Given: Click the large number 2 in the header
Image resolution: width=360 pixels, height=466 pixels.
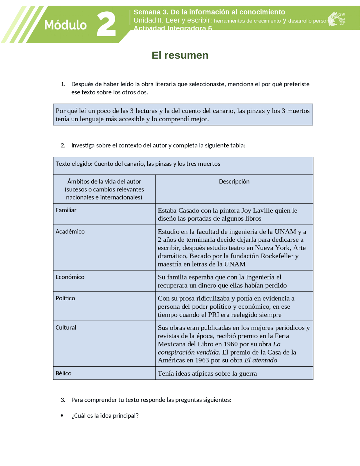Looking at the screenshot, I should click(x=106, y=24).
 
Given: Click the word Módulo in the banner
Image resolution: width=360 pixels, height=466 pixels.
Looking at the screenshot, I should click(x=65, y=25).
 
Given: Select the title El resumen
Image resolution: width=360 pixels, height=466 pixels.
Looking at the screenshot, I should click(x=180, y=55).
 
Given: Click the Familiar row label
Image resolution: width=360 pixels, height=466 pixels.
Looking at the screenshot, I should click(x=66, y=210).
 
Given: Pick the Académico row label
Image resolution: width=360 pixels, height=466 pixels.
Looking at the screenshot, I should click(x=70, y=232).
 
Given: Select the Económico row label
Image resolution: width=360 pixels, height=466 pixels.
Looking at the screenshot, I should click(x=70, y=277).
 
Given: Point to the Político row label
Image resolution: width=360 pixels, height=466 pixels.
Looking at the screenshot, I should click(x=65, y=298).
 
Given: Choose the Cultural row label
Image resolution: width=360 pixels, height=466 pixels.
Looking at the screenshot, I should click(x=66, y=328).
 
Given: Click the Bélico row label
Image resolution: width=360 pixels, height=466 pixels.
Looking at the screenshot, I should click(x=64, y=373).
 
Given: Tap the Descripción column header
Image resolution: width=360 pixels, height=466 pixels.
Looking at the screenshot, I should click(x=234, y=182).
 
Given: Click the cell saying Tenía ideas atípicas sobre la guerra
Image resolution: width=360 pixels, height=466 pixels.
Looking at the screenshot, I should click(x=207, y=374).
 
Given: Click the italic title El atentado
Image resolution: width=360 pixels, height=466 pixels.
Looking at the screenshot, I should click(x=261, y=360).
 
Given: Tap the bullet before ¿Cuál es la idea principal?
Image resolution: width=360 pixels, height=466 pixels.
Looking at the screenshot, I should click(x=62, y=416).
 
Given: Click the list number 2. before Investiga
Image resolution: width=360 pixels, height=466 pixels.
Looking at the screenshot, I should click(x=63, y=145).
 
